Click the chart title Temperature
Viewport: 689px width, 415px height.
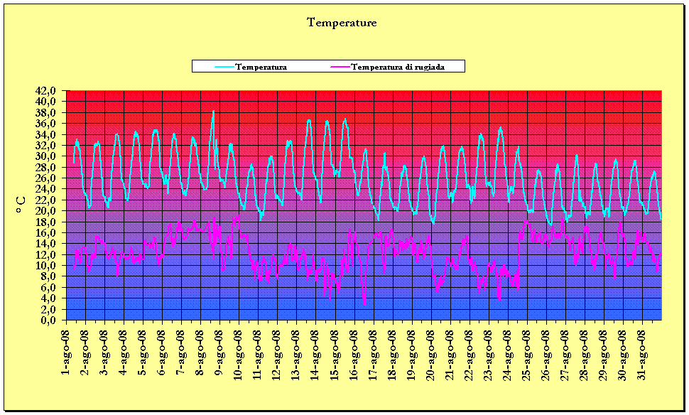click(342, 23)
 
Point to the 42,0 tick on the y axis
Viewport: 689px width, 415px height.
click(52, 91)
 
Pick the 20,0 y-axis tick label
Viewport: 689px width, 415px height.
click(52, 211)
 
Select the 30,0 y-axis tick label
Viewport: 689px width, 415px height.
click(52, 156)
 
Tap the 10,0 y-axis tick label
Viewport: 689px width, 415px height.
click(52, 266)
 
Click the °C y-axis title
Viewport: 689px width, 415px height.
click(21, 205)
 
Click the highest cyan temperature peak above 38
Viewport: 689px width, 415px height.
click(213, 112)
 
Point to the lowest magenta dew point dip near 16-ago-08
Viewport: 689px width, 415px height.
click(364, 304)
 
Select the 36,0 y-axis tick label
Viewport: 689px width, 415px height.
click(52, 124)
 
